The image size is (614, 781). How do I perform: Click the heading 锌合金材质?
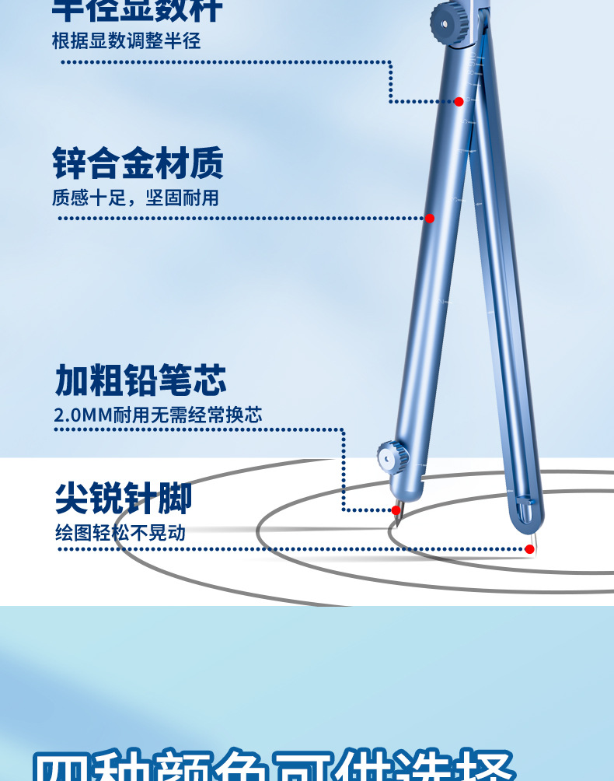pos(138,163)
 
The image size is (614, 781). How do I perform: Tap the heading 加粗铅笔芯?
pos(141,380)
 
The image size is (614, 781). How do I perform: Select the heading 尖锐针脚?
pos(124,498)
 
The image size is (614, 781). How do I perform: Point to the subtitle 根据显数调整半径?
pos(126,40)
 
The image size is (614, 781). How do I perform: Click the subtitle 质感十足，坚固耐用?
pos(135,198)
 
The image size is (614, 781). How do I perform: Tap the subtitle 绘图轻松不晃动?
pos(120,533)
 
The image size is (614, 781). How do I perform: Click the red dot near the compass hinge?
pos(459,101)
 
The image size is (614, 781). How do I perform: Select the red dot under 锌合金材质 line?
pos(430,219)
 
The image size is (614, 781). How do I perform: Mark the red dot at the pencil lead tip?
pos(396,510)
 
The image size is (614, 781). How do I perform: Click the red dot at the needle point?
pos(529,548)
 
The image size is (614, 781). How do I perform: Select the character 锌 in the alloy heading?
pos(69,163)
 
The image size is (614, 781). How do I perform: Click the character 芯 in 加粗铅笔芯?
pos(210,380)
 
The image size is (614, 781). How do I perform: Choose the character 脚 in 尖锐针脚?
pos(175,498)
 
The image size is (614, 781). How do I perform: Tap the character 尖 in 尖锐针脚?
pos(72,498)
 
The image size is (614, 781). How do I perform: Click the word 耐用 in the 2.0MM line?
pos(131,415)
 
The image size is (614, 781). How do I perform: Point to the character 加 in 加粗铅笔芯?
pos(72,380)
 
